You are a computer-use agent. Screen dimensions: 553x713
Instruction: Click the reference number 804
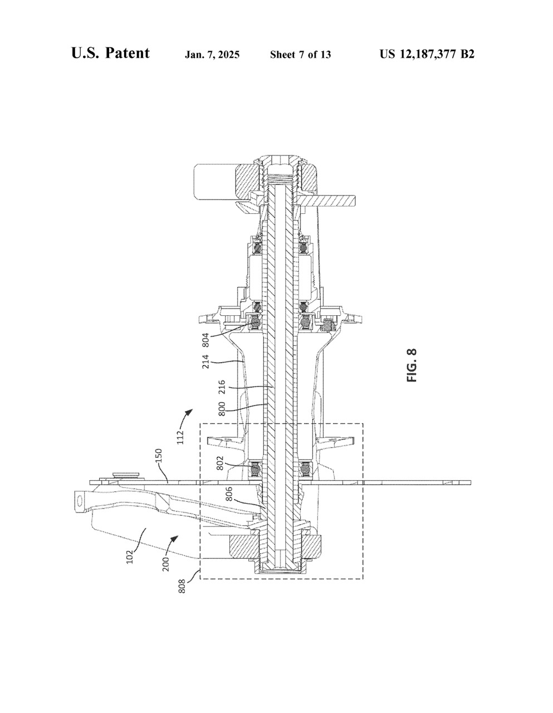pyautogui.click(x=205, y=340)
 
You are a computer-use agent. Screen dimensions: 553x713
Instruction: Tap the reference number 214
pyautogui.click(x=205, y=362)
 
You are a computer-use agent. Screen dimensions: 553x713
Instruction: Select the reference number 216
pyautogui.click(x=222, y=387)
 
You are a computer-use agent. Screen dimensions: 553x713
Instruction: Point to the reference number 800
pyautogui.click(x=222, y=408)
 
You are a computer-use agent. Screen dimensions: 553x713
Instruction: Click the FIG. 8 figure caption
pyautogui.click(x=412, y=365)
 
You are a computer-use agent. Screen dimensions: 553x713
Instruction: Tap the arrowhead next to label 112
pyautogui.click(x=189, y=412)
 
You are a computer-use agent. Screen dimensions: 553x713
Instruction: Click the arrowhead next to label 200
pyautogui.click(x=176, y=538)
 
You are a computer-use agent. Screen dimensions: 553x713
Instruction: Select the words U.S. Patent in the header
pyautogui.click(x=110, y=53)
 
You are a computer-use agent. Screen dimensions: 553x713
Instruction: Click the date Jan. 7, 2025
pyautogui.click(x=212, y=55)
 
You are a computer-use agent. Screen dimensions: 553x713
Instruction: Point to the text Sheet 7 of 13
pyautogui.click(x=300, y=55)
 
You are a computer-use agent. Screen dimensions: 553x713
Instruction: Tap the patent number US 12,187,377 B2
pyautogui.click(x=427, y=54)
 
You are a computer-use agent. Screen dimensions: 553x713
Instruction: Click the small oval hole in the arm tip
pyautogui.click(x=79, y=500)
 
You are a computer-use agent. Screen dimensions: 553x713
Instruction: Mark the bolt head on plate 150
pyautogui.click(x=126, y=476)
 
